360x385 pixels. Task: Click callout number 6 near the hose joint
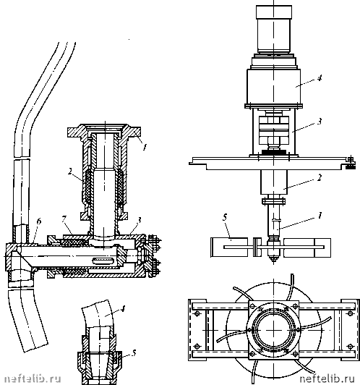39,221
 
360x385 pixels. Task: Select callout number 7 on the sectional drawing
64,219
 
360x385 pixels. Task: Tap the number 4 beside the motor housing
319,78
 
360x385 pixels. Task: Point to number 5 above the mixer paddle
225,218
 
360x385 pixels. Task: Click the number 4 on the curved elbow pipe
123,308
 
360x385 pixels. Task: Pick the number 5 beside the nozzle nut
134,353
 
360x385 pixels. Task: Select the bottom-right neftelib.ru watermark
327,378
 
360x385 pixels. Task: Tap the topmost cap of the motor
274,12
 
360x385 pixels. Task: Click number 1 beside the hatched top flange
145,147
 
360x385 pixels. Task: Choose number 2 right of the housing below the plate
319,177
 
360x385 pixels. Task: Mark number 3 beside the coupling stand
319,122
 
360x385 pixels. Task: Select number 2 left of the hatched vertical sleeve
70,172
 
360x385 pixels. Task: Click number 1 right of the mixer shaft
320,216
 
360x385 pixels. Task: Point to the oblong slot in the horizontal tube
102,261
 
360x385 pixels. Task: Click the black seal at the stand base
274,153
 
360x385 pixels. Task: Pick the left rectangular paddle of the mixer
229,247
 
